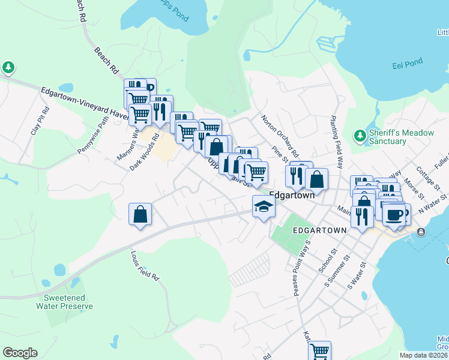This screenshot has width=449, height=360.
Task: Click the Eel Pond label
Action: coord(408,62)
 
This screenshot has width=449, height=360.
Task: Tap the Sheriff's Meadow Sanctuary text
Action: coord(387,137)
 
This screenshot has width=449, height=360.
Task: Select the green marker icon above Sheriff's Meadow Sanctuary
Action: coord(360,136)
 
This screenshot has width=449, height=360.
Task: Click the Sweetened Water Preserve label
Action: coord(64,302)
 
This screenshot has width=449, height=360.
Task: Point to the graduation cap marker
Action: coord(264,207)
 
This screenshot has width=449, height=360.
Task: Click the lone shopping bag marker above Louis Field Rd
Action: coord(140,214)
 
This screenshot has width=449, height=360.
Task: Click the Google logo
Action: coord(20,353)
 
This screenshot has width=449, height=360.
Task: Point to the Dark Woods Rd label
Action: coord(145,152)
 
